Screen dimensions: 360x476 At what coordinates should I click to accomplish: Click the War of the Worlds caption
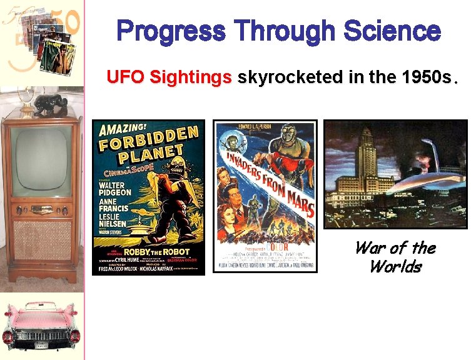395,257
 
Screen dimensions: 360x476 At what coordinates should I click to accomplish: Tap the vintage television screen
41,160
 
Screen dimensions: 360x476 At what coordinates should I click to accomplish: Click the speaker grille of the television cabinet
41,241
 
